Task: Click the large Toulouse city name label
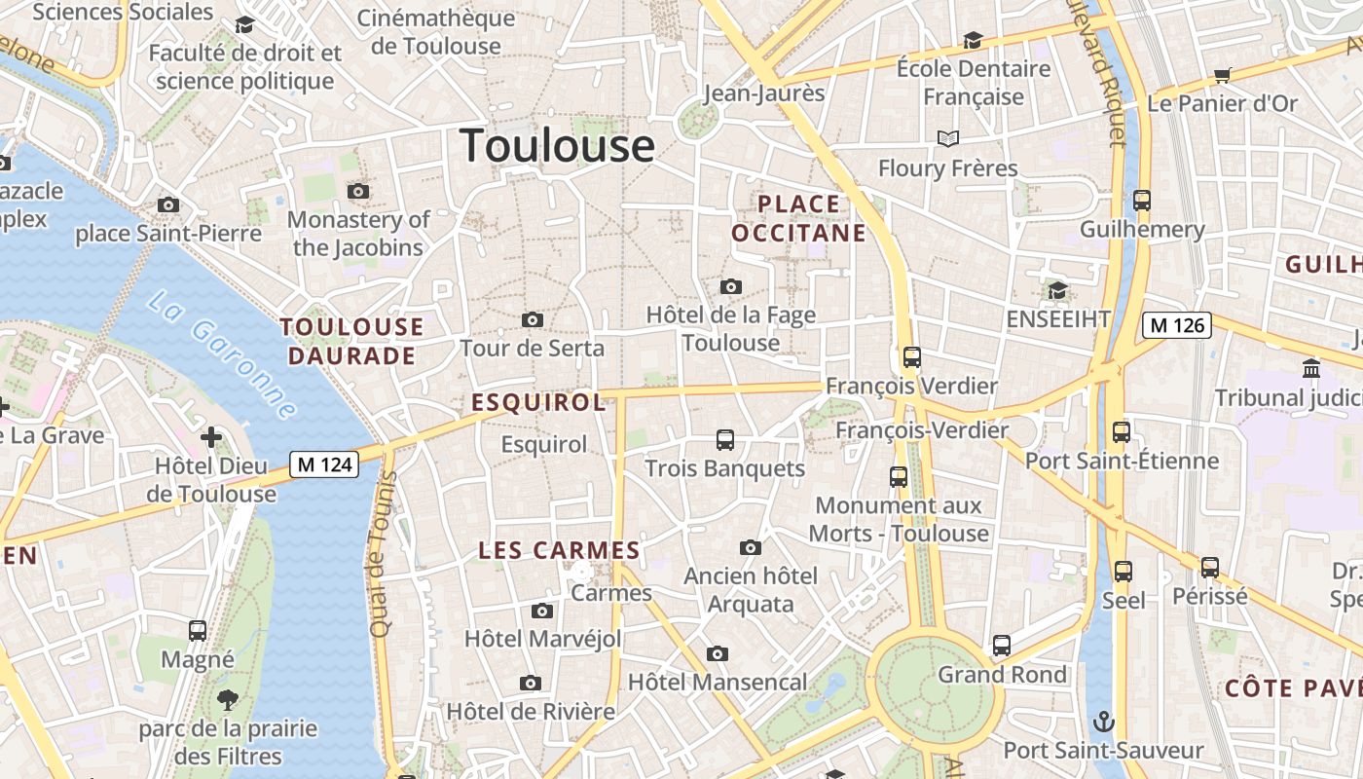pyautogui.click(x=557, y=146)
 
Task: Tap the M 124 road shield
pyautogui.click(x=324, y=464)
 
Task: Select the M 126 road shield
pyautogui.click(x=1176, y=325)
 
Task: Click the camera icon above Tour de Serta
pyautogui.click(x=532, y=319)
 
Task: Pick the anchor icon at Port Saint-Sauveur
pyautogui.click(x=1103, y=722)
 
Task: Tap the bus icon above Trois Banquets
pyautogui.click(x=724, y=440)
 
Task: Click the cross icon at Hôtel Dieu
pyautogui.click(x=210, y=437)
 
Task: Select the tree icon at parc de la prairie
pyautogui.click(x=228, y=698)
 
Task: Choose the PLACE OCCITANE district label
pyautogui.click(x=798, y=218)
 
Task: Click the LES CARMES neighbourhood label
pyautogui.click(x=559, y=550)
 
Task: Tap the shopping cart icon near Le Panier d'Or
pyautogui.click(x=1223, y=75)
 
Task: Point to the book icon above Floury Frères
pyautogui.click(x=947, y=139)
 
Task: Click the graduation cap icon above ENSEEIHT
pyautogui.click(x=1057, y=290)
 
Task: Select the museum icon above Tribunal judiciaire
pyautogui.click(x=1310, y=369)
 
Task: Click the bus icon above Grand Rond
pyautogui.click(x=1001, y=646)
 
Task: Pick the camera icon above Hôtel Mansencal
pyautogui.click(x=717, y=653)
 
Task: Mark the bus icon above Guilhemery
pyautogui.click(x=1141, y=202)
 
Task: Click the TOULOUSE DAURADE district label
pyautogui.click(x=351, y=341)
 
